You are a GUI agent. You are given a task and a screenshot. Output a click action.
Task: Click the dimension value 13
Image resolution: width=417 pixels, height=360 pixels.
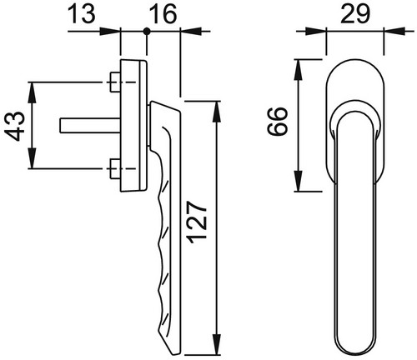point(82,13)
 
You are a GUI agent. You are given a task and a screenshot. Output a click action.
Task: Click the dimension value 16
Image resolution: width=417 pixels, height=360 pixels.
point(163,13)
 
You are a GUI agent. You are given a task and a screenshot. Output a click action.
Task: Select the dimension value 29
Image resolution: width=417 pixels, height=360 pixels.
point(355,13)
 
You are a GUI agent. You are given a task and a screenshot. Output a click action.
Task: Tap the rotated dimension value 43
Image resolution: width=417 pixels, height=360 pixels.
point(15,126)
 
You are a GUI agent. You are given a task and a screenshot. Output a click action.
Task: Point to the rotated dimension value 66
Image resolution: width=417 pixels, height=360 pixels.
point(277,122)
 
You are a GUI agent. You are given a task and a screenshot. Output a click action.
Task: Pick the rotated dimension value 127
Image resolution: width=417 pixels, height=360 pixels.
point(198,222)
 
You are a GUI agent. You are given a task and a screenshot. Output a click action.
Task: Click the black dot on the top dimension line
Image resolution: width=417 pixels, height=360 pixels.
point(147,32)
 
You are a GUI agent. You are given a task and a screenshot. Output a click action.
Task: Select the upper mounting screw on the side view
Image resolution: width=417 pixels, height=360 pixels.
point(115,82)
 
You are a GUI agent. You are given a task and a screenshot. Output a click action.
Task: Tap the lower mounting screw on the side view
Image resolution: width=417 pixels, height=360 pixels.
point(115,168)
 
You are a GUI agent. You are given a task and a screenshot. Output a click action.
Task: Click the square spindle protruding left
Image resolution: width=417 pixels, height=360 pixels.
point(90,126)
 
